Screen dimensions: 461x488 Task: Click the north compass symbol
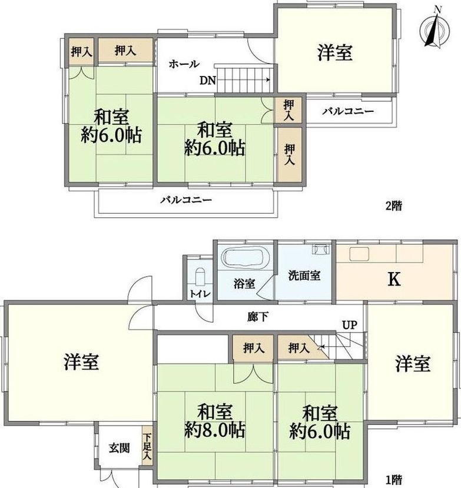click(x=435, y=29)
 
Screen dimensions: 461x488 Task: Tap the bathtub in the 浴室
click(x=246, y=257)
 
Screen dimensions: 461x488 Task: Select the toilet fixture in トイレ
click(x=200, y=276)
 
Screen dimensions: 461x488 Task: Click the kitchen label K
click(x=394, y=279)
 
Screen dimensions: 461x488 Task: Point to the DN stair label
click(x=208, y=81)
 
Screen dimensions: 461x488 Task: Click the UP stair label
click(x=350, y=325)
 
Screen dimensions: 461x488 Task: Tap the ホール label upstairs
click(x=184, y=64)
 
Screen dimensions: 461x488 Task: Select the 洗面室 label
click(x=304, y=275)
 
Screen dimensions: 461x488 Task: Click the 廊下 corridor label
click(x=258, y=317)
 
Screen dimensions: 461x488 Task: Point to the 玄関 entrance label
click(x=119, y=448)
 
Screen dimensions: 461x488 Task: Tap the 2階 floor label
click(x=394, y=205)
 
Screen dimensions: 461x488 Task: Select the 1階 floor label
click(x=394, y=480)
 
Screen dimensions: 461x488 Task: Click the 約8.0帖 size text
click(x=214, y=430)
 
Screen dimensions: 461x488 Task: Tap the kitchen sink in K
click(x=359, y=254)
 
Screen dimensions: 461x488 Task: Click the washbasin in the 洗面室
click(x=321, y=250)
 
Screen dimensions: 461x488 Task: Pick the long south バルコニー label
click(x=186, y=200)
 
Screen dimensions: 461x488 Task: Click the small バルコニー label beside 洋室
click(x=348, y=111)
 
